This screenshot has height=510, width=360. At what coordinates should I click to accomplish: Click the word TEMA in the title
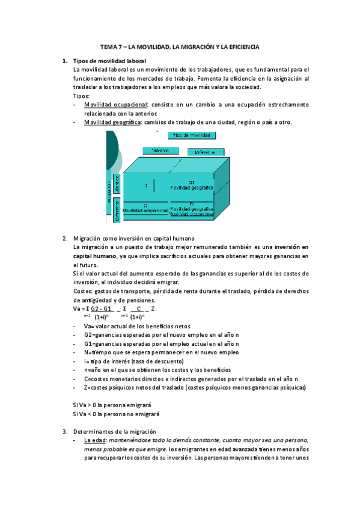click(108, 46)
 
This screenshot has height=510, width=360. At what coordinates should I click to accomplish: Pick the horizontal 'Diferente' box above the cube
click(206, 152)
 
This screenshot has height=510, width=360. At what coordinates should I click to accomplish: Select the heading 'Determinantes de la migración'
click(114, 431)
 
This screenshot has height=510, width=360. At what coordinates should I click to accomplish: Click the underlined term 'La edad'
click(95, 440)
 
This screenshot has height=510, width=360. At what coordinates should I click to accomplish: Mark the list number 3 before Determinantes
click(65, 431)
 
